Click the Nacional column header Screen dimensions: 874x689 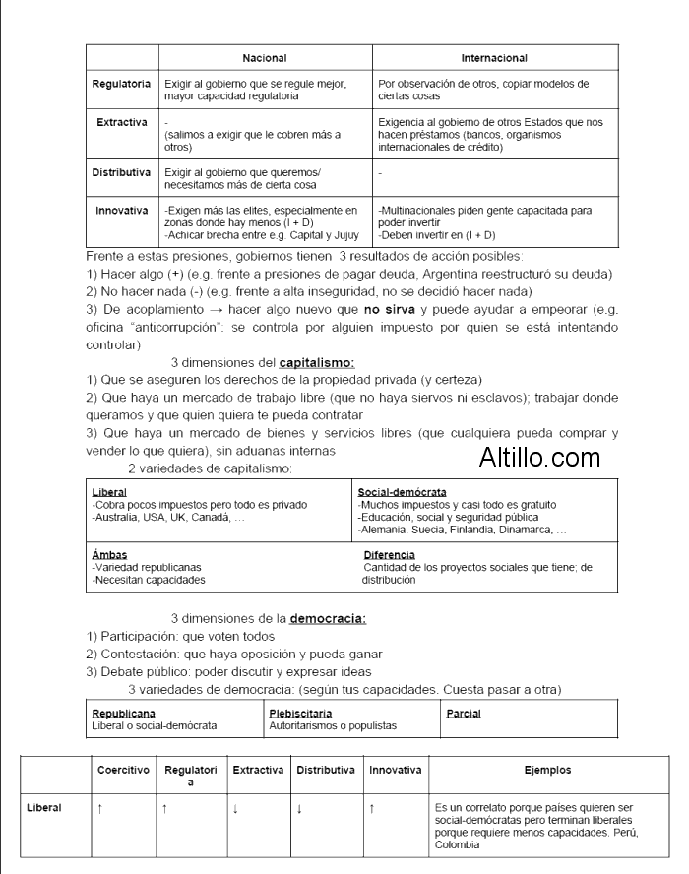point(265,59)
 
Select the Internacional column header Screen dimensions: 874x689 point(494,59)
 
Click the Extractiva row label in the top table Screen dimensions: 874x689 point(122,122)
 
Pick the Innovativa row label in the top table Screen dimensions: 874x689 point(122,210)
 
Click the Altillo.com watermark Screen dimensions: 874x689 point(540,457)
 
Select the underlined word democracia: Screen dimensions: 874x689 point(328,619)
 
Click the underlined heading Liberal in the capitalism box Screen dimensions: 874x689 point(108,490)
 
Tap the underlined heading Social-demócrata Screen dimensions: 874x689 point(403,490)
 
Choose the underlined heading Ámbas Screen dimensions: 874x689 point(109,554)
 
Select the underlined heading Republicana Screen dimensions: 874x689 point(124,712)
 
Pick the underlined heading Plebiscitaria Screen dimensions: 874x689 point(300,712)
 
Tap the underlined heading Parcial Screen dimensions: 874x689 point(464,712)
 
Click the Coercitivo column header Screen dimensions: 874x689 point(123,770)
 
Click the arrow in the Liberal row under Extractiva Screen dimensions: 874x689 point(234,808)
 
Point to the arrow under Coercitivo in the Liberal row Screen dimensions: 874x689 point(100,808)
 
